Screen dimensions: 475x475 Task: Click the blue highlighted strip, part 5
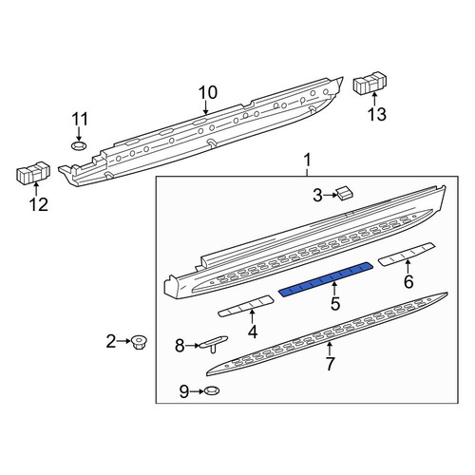click(326, 279)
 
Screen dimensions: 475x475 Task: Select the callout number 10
click(208, 93)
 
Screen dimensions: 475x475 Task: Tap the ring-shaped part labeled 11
click(79, 146)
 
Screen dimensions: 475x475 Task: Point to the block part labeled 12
click(33, 172)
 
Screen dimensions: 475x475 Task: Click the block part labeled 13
click(370, 83)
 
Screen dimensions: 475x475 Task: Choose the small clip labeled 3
click(345, 194)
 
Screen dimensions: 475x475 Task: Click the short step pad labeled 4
click(246, 306)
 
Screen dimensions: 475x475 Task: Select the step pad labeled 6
click(408, 255)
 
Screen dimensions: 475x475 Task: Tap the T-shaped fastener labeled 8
click(213, 343)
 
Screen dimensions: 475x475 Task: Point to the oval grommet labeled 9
click(212, 391)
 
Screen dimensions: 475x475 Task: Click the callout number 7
click(330, 364)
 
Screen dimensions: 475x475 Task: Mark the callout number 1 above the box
click(308, 161)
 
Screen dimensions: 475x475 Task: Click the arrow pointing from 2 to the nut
click(123, 341)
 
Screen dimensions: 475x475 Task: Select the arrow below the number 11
click(79, 134)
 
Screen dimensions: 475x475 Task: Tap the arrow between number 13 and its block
click(374, 99)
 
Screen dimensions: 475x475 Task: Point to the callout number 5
click(335, 304)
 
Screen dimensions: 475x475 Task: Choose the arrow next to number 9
click(197, 391)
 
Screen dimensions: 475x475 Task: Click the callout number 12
click(39, 205)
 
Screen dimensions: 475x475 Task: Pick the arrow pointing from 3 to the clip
click(331, 195)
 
